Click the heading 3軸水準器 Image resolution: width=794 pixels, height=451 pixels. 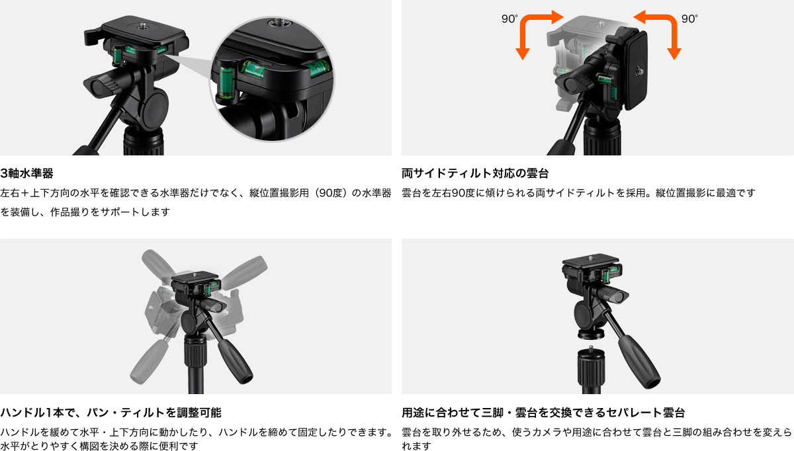point(26,174)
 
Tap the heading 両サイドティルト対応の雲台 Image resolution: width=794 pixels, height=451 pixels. point(475,174)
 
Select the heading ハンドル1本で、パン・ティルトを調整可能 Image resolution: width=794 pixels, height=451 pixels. point(110,413)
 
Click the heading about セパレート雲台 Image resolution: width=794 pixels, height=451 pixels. point(543,413)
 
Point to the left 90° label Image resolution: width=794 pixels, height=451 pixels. point(509,19)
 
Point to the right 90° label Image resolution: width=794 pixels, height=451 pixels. point(689,19)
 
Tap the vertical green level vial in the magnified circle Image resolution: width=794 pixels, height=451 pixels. point(226,82)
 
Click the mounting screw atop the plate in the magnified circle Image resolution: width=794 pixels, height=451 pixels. point(275,22)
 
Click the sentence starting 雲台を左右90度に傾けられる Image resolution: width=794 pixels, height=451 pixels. point(578,193)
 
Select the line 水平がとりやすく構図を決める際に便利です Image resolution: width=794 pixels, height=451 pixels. point(99,446)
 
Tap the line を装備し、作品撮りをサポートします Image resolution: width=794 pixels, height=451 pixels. point(85,212)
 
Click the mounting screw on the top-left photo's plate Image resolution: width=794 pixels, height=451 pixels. point(142,26)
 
